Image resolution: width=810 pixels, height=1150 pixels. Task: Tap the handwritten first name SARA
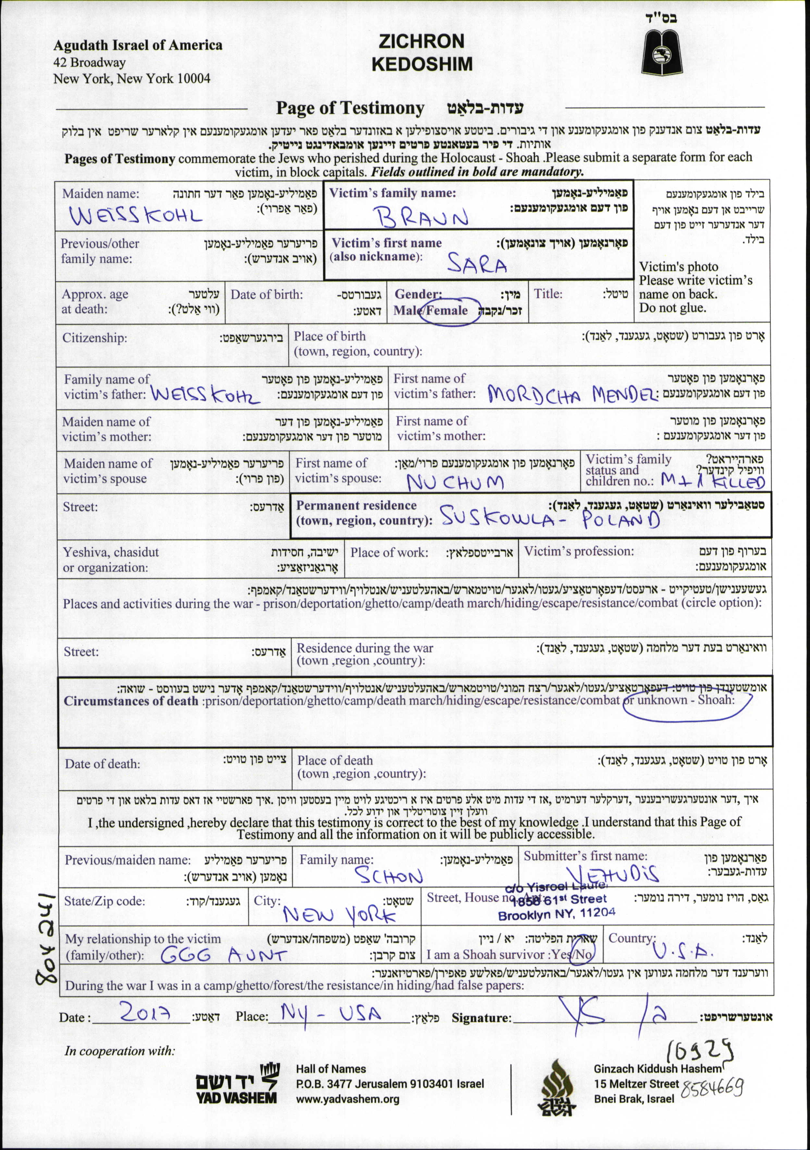coord(477,264)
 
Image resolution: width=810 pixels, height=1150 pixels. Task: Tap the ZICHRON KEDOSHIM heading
coord(422,53)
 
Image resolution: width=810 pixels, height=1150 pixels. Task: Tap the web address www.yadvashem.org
coord(347,1099)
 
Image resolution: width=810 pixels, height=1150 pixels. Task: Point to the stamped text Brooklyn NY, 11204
coord(556,915)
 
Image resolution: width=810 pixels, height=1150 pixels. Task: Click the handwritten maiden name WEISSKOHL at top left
coord(136,215)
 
